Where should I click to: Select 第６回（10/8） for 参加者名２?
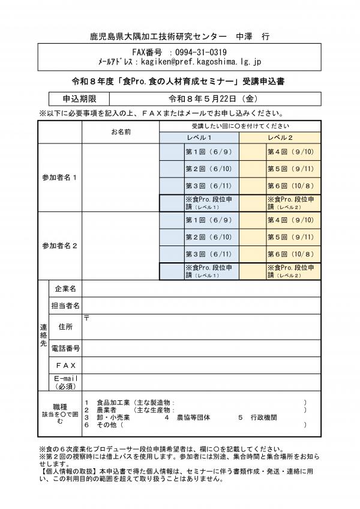[x=290, y=254]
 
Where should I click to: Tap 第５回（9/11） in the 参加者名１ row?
[x=290, y=169]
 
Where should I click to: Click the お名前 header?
[x=121, y=131]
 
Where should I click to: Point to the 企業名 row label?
[x=65, y=289]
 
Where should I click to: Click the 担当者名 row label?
[x=65, y=306]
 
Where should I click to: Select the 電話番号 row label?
[x=65, y=348]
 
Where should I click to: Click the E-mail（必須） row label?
[x=65, y=382]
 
